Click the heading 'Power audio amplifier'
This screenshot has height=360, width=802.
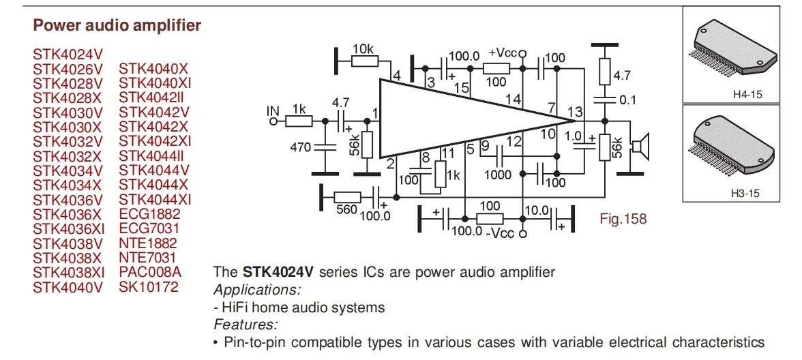pos(117,26)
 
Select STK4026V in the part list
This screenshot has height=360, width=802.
pos(68,69)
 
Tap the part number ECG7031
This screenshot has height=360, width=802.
pos(149,228)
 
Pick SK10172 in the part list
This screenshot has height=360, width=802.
pos(149,286)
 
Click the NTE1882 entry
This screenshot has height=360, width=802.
pos(148,243)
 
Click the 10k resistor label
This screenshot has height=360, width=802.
pos(363,49)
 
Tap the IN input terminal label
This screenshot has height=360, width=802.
pos(273,110)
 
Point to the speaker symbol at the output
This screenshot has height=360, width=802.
pos(640,145)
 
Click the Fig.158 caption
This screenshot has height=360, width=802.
pos(623,219)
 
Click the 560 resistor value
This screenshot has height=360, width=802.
pos(346,209)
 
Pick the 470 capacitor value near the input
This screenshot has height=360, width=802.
pos(300,147)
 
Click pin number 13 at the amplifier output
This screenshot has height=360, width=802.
pos(575,112)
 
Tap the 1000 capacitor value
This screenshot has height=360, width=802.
pos(498,175)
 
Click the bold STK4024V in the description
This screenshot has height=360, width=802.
pos(278,272)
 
